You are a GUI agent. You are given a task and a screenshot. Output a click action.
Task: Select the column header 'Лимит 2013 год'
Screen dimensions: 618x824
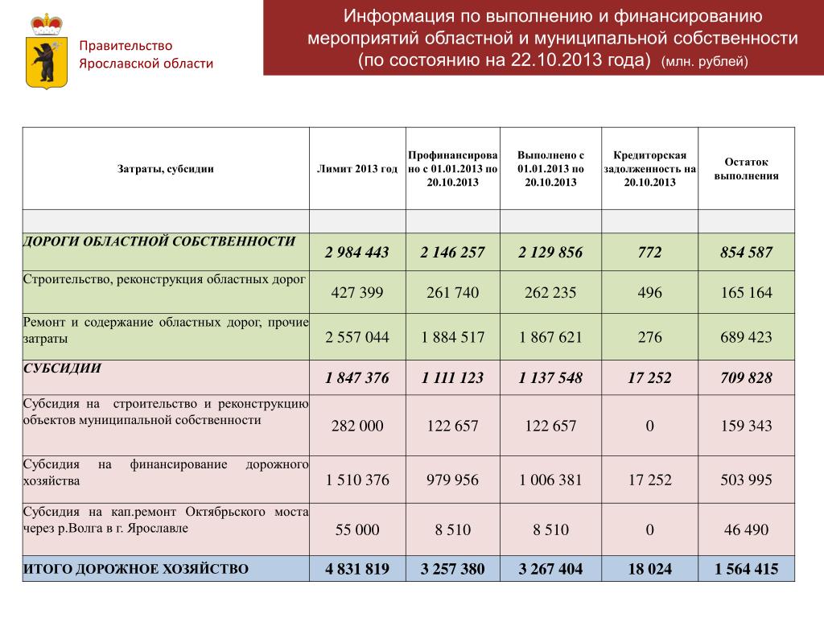pos(357,169)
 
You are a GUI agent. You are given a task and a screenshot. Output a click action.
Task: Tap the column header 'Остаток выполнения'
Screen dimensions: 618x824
pos(746,169)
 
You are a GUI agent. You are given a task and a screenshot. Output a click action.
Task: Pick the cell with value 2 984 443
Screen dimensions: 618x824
pos(357,253)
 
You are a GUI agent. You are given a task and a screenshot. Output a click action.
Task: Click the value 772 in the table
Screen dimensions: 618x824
pos(649,253)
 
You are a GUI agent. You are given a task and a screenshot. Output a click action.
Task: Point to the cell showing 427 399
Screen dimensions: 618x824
pos(357,293)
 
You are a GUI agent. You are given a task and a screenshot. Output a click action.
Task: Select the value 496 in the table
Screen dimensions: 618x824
pos(649,293)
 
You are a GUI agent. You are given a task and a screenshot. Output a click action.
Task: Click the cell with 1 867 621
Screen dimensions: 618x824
pos(550,337)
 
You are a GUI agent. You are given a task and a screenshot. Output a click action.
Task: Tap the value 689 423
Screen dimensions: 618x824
pos(746,337)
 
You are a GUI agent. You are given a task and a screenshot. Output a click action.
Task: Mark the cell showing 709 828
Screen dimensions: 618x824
pos(746,378)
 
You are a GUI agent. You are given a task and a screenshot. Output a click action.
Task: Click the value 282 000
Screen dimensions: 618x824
pos(357,426)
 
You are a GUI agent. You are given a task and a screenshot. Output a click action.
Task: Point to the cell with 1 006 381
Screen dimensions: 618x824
pos(550,480)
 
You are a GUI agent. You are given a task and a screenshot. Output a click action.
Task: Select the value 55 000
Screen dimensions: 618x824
pos(357,530)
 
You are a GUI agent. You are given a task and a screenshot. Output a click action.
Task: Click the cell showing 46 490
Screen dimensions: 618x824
pos(746,530)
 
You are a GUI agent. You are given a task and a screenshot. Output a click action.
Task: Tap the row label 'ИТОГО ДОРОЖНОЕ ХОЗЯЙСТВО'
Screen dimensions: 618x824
pos(136,569)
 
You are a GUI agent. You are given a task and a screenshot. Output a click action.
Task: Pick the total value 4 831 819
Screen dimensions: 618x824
pos(357,570)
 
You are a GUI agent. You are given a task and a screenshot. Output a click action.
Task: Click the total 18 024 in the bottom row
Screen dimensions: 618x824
pos(649,570)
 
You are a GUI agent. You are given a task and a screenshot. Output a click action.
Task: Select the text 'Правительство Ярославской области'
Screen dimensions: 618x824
pos(146,55)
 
